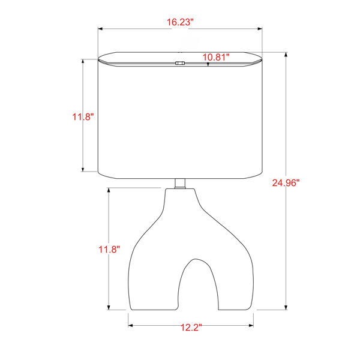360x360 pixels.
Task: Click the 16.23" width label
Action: coord(180,22)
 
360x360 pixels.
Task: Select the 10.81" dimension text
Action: coord(216,57)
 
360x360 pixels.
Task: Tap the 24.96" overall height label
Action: coord(286,183)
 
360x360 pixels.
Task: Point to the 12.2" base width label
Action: coord(191,328)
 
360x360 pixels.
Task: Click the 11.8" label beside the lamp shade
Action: coord(83,117)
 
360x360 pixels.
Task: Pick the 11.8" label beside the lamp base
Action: coord(109,250)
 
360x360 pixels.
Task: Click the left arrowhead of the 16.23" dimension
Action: coord(100,29)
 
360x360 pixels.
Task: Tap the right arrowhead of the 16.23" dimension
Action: coord(260,29)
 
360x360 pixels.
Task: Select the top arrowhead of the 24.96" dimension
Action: coord(286,55)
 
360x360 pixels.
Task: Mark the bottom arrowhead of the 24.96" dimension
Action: coord(286,308)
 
